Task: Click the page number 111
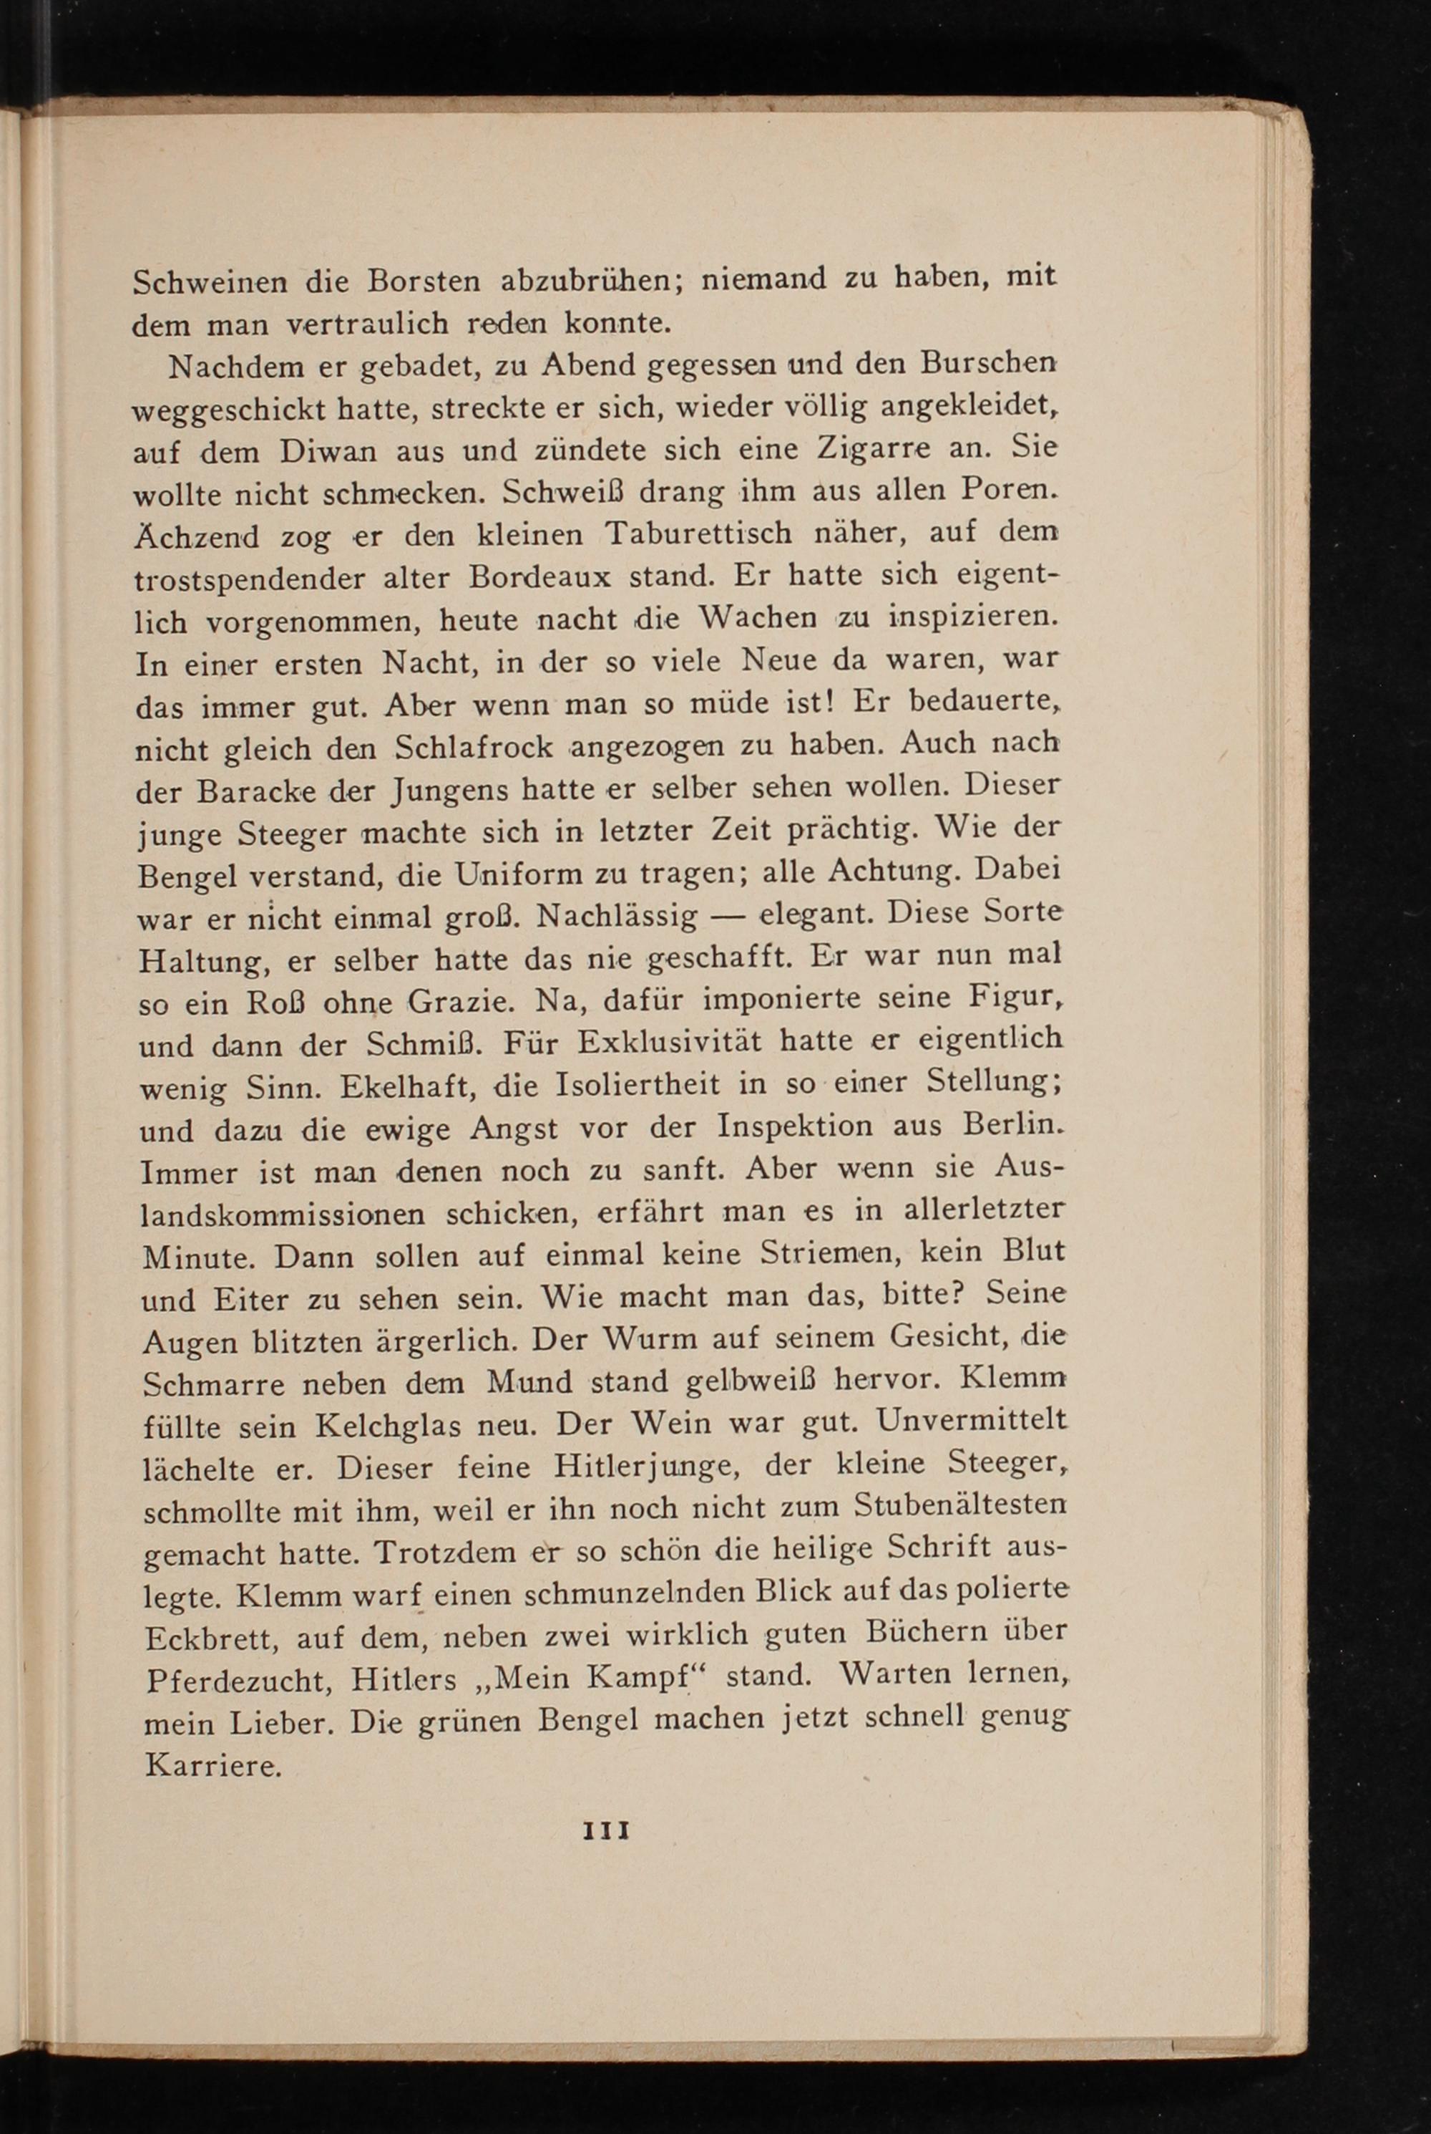pos(607,1831)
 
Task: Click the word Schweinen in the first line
pos(209,281)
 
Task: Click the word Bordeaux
pos(543,577)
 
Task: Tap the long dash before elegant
pos(728,915)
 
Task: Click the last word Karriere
pos(213,1765)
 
